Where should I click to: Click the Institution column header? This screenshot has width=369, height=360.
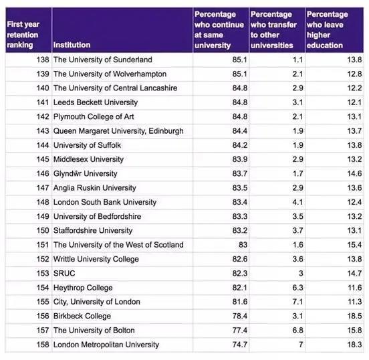point(73,46)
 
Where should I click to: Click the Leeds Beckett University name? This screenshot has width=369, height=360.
point(95,102)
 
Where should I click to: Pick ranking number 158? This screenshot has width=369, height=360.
point(41,345)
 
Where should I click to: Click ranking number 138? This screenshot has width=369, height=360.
point(41,60)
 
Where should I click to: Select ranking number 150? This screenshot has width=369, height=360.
point(41,230)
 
